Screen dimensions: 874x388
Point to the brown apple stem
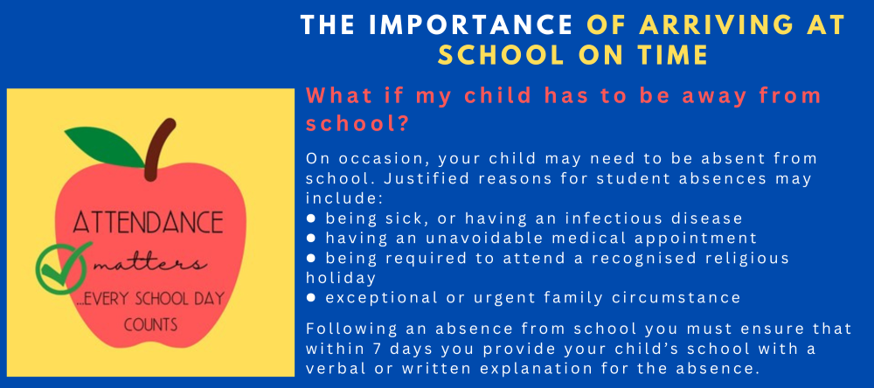pos(158,149)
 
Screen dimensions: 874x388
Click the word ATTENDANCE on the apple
pos(149,223)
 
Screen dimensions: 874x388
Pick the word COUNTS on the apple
pos(151,324)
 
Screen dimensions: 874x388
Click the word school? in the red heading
pos(357,124)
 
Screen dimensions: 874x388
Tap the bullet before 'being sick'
pos(312,218)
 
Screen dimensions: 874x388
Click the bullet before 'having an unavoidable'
pos(312,238)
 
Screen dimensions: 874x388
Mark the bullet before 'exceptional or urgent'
pos(312,298)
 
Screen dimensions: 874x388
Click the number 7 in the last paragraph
pos(376,349)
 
